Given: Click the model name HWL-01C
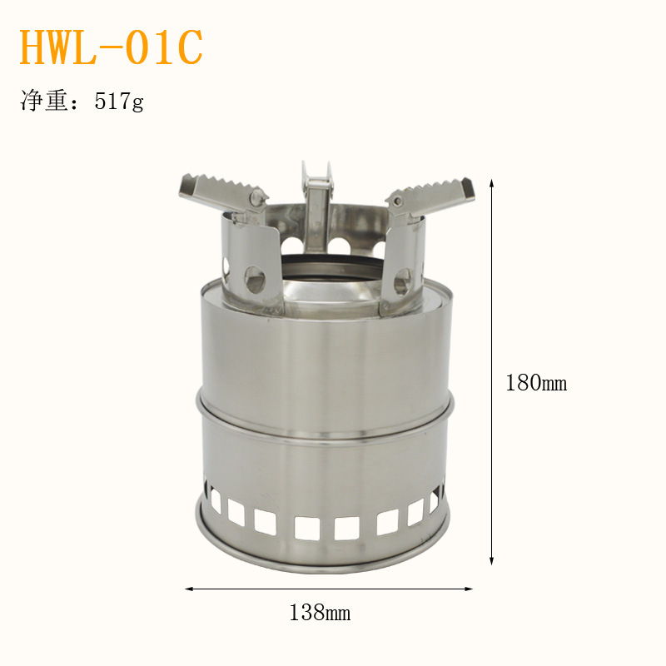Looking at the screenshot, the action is (112, 47).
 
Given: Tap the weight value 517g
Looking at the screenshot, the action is (119, 102).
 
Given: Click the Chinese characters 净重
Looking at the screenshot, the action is (44, 101).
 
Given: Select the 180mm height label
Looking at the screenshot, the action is (536, 383).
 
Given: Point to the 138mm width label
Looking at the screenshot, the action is (320, 613).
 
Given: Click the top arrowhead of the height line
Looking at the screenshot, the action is (491, 183).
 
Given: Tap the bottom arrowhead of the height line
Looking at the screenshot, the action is (491, 560).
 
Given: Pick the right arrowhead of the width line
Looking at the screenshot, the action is (469, 589).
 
